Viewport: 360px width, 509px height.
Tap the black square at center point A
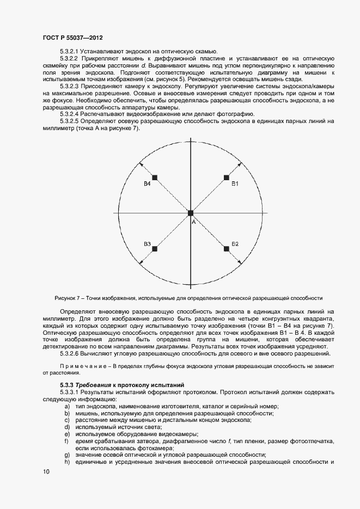191,213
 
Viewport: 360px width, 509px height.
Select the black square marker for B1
226,177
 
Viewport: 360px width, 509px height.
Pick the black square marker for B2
226,248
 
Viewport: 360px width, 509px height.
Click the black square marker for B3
155,248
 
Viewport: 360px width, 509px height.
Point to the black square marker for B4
155,177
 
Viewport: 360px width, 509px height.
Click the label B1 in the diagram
235,185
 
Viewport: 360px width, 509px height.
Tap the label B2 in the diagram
235,243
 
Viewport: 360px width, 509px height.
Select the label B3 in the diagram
147,243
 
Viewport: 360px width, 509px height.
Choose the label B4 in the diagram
147,185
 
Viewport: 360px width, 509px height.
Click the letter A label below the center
193,221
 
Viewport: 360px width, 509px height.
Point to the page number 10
46,472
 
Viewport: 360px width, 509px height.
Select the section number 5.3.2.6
69,354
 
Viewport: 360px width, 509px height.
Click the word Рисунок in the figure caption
66,298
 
